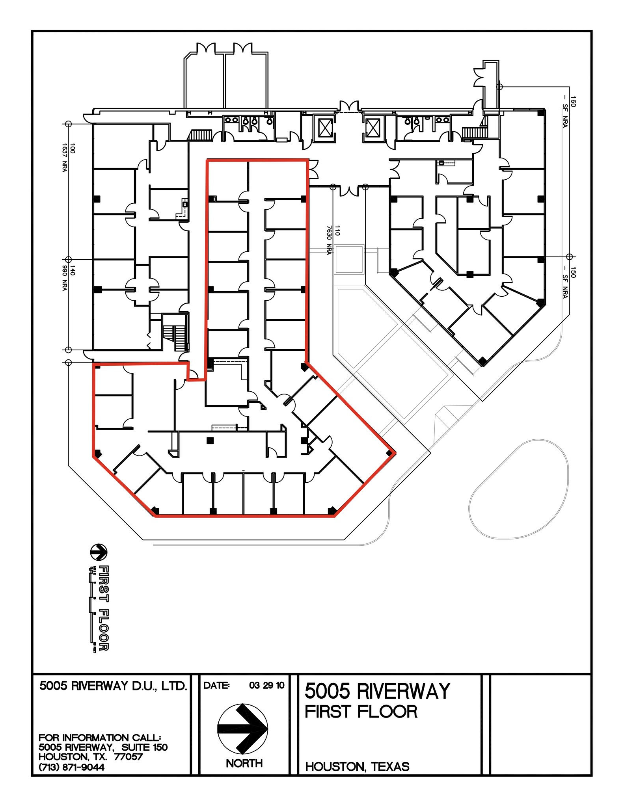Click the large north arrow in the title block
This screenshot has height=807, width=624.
pyautogui.click(x=243, y=729)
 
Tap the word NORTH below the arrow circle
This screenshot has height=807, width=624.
pyautogui.click(x=244, y=763)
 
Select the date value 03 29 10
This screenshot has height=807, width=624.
pyautogui.click(x=266, y=685)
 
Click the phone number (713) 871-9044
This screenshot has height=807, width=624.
pyautogui.click(x=71, y=767)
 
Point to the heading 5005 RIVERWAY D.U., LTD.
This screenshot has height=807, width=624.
pyautogui.click(x=113, y=686)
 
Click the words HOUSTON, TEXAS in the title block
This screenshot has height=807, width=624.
pyautogui.click(x=357, y=766)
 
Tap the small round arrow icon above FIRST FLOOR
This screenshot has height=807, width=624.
pyautogui.click(x=99, y=552)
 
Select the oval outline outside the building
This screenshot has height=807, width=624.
pyautogui.click(x=518, y=489)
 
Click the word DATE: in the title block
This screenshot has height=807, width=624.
pyautogui.click(x=216, y=685)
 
